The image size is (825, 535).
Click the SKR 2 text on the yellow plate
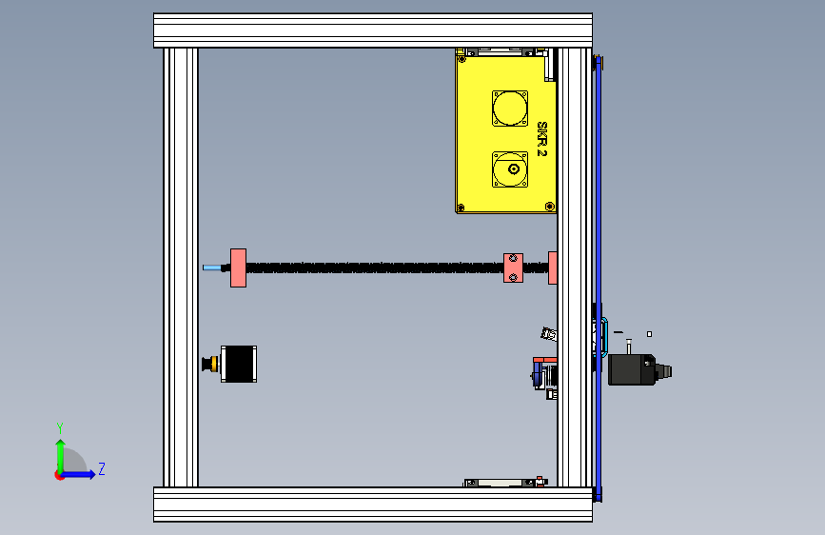542,139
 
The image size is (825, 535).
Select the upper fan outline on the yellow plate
510,109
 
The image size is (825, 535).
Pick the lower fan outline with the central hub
510,169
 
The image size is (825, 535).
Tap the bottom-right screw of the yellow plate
550,206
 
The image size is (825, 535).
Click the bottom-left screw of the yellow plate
461,208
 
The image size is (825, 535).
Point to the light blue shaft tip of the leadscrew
211,268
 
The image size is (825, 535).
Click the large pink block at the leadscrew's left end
238,268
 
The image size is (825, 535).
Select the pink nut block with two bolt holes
514,268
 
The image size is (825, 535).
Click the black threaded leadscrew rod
375,268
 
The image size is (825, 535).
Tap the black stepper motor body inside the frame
239,364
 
